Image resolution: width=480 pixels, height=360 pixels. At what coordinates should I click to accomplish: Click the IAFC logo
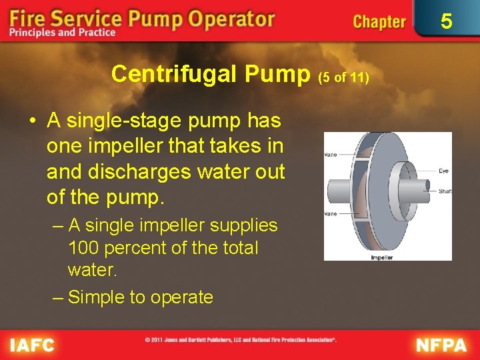pos(32,345)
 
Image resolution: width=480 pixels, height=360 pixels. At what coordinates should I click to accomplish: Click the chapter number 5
pos(447,22)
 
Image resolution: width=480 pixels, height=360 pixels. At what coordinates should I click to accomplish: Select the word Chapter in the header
pos(379,22)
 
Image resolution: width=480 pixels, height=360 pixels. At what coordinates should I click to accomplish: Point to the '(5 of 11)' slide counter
pos(343,77)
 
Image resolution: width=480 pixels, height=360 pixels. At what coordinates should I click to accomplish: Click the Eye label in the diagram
pos(444,171)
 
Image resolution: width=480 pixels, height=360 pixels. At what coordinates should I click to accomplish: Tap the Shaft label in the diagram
pos(445,191)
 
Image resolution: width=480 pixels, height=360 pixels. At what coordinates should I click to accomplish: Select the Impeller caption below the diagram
pos(381,257)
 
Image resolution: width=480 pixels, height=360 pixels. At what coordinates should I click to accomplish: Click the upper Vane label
pos(330,155)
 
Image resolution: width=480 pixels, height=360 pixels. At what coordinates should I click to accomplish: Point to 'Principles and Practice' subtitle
pos(63,33)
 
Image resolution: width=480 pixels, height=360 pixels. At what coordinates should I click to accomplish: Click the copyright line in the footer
pos(240,340)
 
